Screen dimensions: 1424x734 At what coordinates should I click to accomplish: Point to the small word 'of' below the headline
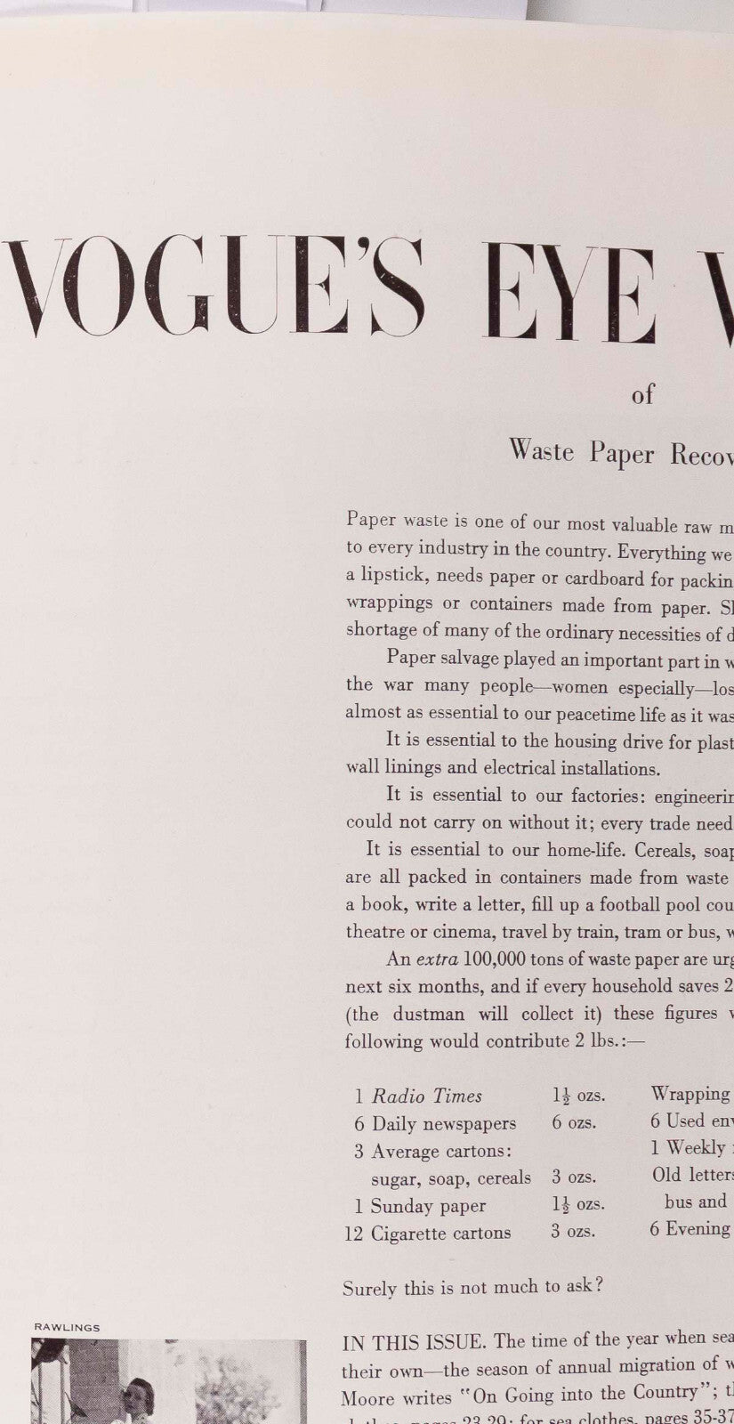tap(642, 394)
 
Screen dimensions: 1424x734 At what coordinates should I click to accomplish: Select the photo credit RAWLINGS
tap(67, 1327)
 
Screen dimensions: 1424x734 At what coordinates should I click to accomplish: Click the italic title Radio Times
tap(427, 1096)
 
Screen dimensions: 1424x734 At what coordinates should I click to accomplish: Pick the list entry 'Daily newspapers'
tap(444, 1123)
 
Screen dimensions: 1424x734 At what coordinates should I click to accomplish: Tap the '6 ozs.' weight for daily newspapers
tap(574, 1122)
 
